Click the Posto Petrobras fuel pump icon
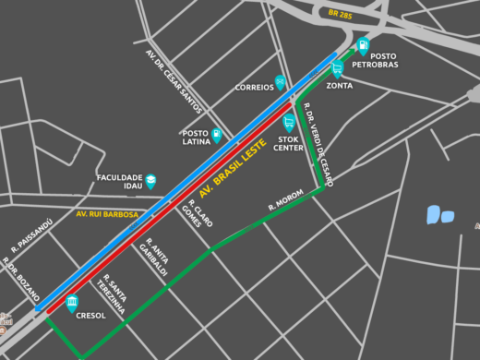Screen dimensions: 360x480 point(364,44)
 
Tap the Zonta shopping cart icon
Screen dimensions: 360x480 point(338,67)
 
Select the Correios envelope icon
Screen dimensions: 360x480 point(281,81)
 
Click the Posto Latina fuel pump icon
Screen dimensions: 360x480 point(217,136)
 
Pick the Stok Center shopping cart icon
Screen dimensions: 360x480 point(289,122)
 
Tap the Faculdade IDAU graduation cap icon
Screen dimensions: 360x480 point(150,181)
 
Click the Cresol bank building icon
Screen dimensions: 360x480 point(72,302)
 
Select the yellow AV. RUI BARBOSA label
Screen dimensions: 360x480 point(107,214)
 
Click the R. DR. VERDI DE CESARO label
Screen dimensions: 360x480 point(318,149)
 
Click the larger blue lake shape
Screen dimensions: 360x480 point(434,215)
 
